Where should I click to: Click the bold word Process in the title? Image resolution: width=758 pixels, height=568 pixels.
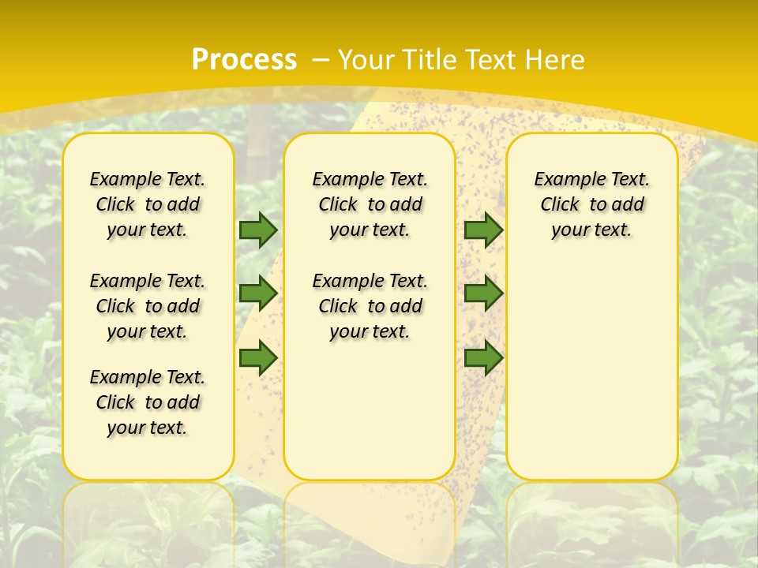[244, 60]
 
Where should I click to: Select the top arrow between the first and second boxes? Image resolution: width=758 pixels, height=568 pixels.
[258, 230]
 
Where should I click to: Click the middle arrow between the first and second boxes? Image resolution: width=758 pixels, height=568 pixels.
[258, 293]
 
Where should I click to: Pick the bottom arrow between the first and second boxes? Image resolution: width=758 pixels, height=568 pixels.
[258, 357]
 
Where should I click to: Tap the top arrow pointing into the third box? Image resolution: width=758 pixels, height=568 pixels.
[483, 230]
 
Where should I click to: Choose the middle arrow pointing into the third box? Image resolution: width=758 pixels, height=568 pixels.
[483, 293]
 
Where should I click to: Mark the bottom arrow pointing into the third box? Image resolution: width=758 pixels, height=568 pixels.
[483, 357]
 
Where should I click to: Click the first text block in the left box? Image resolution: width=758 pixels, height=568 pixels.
[148, 204]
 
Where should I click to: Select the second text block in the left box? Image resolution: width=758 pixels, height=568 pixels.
[148, 306]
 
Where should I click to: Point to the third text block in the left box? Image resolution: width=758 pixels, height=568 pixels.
[148, 402]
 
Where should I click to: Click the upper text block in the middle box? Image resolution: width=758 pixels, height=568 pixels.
[370, 204]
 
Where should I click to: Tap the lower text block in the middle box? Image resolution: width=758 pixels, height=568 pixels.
[370, 306]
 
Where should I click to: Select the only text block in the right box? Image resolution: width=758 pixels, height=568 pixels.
[591, 204]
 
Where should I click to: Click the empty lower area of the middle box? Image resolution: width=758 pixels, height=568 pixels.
[370, 410]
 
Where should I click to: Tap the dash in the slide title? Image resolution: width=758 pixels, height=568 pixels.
[321, 60]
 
